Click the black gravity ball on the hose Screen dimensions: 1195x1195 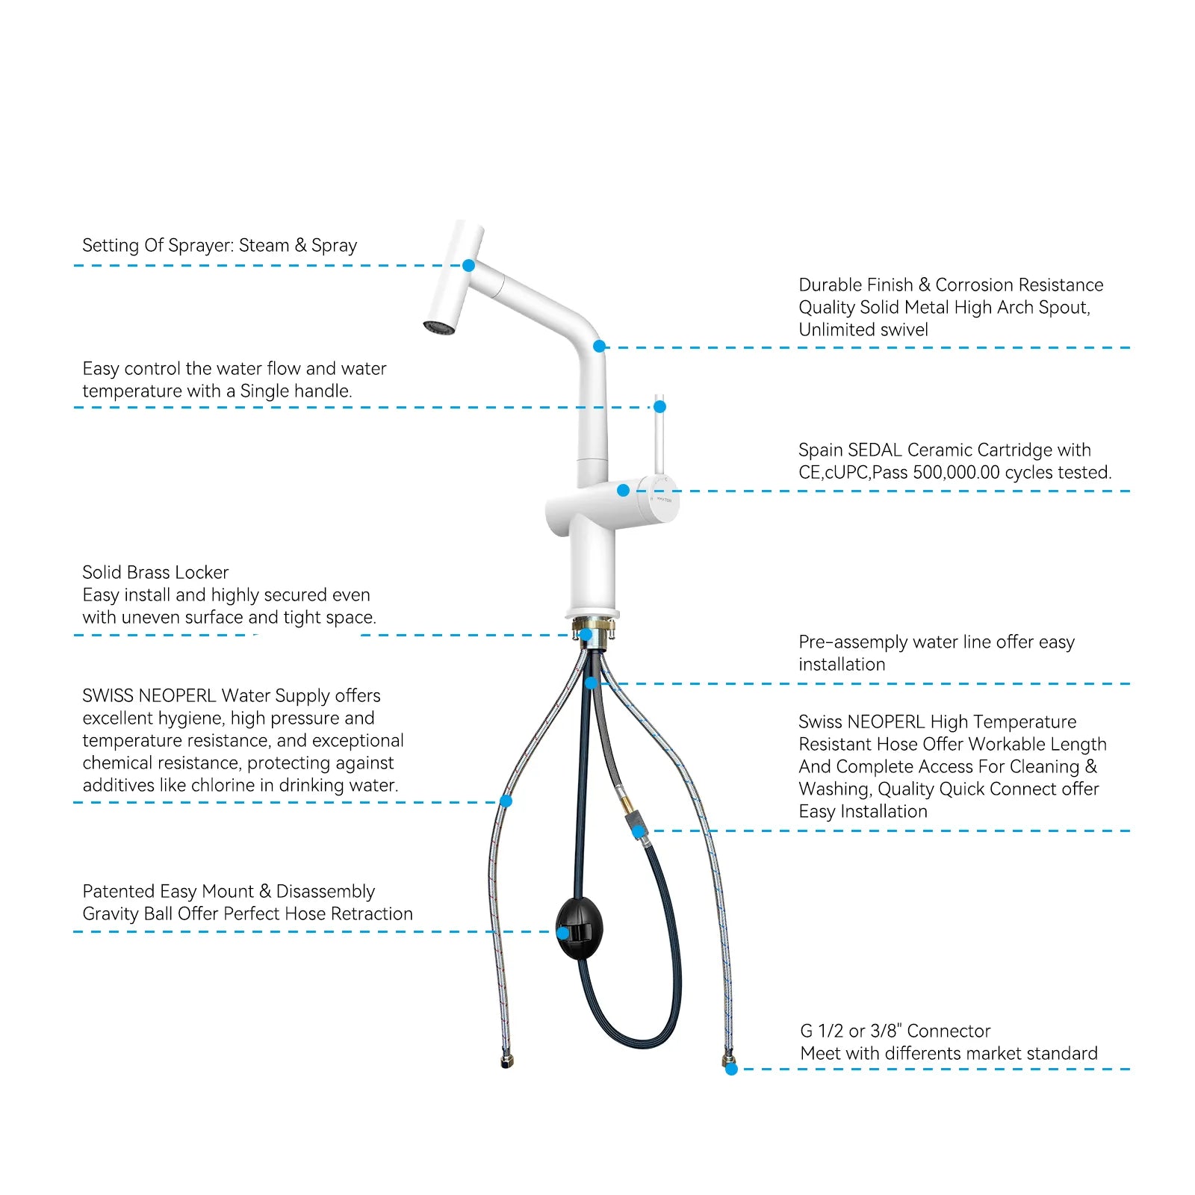(x=580, y=929)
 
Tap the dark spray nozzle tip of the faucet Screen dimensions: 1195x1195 (x=439, y=327)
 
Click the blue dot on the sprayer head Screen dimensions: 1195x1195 (x=468, y=265)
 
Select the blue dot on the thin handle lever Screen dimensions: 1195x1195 (x=659, y=406)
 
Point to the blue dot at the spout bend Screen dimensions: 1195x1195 (x=599, y=346)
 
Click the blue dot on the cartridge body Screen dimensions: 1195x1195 (x=623, y=490)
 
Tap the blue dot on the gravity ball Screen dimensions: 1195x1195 (x=562, y=933)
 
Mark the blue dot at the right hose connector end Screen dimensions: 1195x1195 (x=731, y=1069)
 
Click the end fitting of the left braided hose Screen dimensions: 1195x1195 (x=506, y=1061)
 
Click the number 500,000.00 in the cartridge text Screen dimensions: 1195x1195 (x=956, y=472)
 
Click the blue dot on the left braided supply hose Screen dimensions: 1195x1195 (x=506, y=801)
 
